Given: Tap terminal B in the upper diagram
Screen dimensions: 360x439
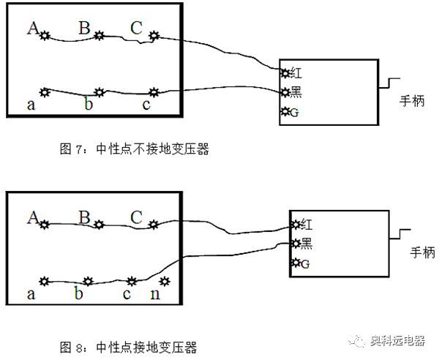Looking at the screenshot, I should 100,34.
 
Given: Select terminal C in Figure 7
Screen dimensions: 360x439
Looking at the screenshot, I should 154,34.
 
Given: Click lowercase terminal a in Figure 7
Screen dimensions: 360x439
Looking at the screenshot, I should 44,91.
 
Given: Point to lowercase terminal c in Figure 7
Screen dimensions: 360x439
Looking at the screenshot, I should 154,92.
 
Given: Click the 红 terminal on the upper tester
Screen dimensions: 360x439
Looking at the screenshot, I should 285,72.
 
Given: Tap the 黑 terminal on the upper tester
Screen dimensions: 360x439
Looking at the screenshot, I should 285,92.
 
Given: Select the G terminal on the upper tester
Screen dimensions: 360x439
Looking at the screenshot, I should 285,112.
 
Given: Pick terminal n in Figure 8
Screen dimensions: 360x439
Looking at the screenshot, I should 165,281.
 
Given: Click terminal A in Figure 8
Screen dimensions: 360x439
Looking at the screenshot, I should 44,223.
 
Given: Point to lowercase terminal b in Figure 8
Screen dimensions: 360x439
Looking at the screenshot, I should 88,281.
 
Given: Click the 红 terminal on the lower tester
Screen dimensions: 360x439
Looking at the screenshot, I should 296,224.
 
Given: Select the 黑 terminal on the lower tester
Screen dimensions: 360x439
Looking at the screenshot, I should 296,243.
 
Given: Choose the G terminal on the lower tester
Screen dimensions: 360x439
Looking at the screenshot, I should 296,263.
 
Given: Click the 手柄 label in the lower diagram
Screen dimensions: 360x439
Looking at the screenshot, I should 421,252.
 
